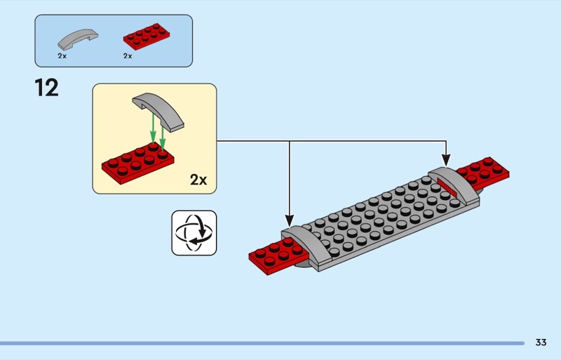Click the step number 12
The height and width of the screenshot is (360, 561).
click(46, 88)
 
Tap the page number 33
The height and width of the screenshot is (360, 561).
click(541, 342)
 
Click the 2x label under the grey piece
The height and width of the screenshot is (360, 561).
click(62, 55)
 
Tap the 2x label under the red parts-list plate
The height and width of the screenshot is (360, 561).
click(128, 55)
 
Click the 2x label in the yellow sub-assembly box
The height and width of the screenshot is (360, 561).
click(198, 180)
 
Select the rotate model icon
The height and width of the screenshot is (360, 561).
click(194, 233)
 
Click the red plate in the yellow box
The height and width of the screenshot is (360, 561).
click(137, 161)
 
